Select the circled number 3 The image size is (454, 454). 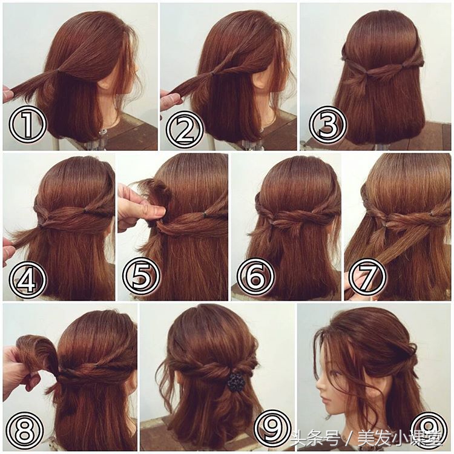tap(327, 125)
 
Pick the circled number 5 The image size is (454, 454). tap(141, 274)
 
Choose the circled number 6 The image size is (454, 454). tap(255, 276)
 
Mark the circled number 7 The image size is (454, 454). tap(367, 276)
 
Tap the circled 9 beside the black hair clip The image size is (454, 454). tap(273, 428)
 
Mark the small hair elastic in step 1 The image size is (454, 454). tap(59, 71)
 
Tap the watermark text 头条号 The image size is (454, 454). tap(315, 439)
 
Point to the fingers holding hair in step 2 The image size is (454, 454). tap(171, 98)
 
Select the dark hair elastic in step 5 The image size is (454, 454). tap(205, 214)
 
